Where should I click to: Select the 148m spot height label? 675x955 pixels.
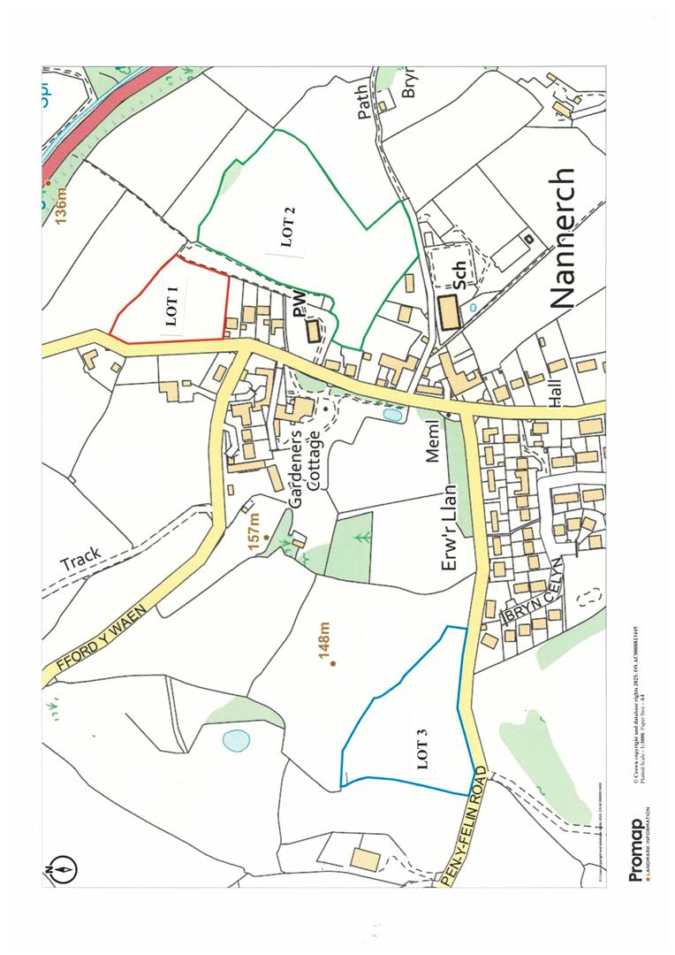pyautogui.click(x=324, y=643)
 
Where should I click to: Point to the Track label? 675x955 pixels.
pyautogui.click(x=81, y=558)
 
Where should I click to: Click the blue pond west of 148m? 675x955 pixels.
pyautogui.click(x=236, y=739)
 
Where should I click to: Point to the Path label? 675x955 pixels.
pyautogui.click(x=364, y=103)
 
